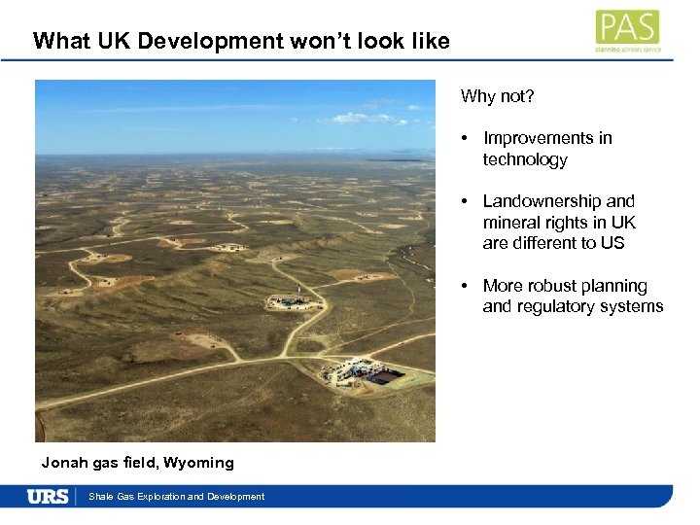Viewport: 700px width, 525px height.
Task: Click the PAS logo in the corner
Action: (x=627, y=29)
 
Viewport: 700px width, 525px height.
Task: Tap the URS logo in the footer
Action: (x=48, y=496)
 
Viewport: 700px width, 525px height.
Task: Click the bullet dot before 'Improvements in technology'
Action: (x=467, y=138)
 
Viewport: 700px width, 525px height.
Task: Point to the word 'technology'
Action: (x=525, y=159)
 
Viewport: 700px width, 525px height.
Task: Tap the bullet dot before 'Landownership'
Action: (x=467, y=201)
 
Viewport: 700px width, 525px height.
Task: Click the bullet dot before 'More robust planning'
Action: (x=467, y=286)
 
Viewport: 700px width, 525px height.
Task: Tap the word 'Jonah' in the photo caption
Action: (x=62, y=462)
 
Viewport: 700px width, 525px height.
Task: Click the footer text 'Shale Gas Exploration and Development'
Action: (x=176, y=497)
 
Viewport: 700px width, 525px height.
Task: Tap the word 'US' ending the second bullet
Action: (x=612, y=243)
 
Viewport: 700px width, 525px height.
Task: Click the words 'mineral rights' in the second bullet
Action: (x=533, y=223)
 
